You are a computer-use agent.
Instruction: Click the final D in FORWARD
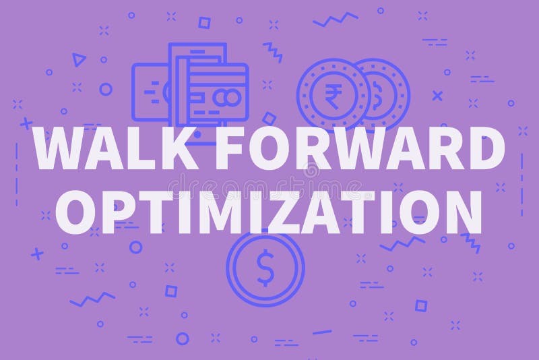pyautogui.click(x=483, y=149)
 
